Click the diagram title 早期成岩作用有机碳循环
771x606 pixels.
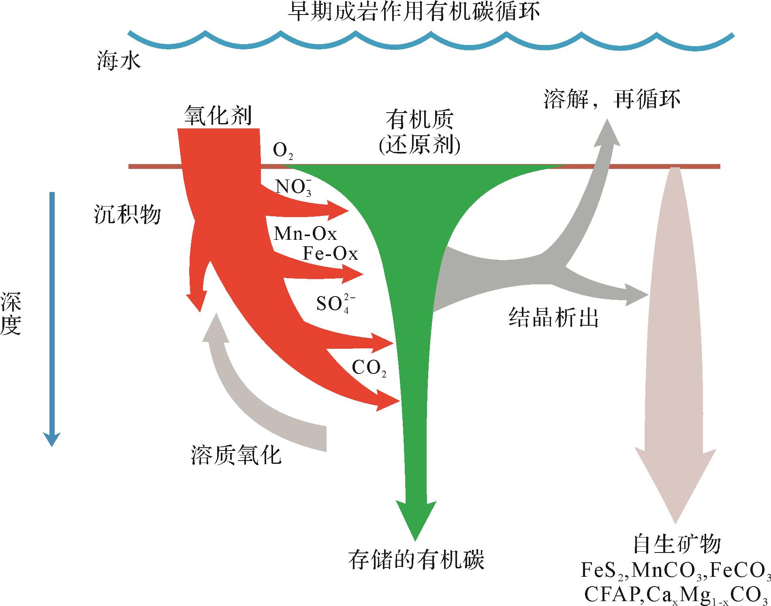click(x=413, y=12)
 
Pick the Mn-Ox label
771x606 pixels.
click(x=305, y=234)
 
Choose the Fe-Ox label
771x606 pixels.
click(x=330, y=254)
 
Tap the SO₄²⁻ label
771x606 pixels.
click(x=336, y=304)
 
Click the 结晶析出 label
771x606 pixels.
click(x=553, y=318)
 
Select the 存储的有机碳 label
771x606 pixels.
click(x=416, y=560)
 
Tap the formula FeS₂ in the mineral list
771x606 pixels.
click(x=603, y=571)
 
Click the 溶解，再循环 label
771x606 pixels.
click(x=612, y=100)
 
